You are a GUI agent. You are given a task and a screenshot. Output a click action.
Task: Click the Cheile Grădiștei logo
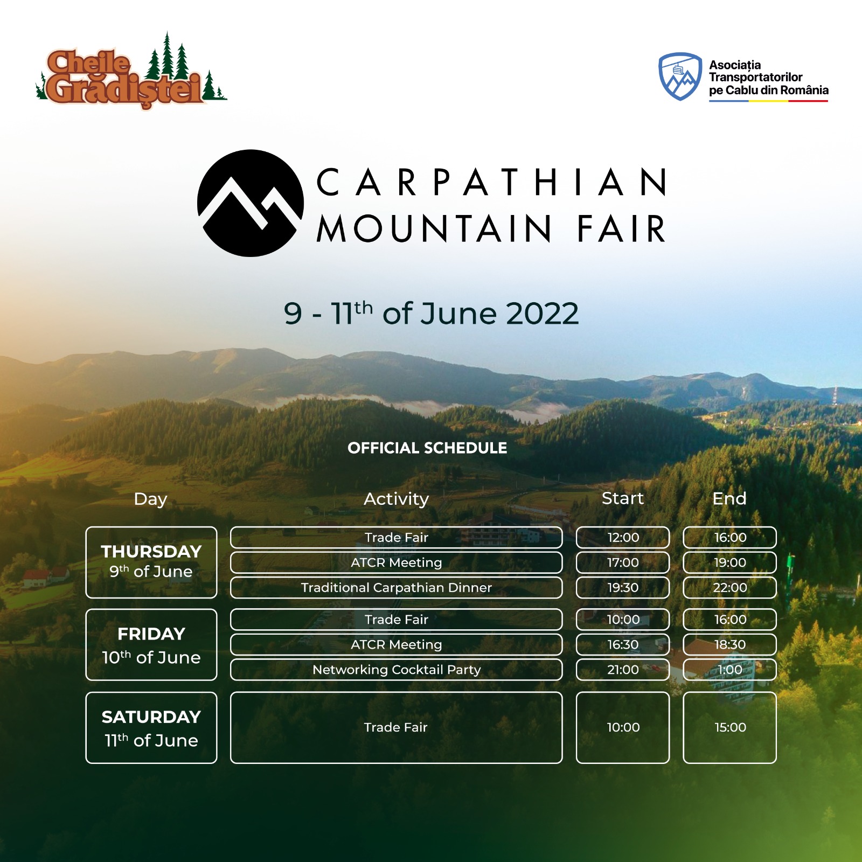point(131,71)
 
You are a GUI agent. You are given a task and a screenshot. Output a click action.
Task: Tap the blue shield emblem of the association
point(680,77)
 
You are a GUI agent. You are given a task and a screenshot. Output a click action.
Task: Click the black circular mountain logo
point(251,203)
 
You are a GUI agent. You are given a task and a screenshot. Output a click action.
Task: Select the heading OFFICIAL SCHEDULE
point(427,448)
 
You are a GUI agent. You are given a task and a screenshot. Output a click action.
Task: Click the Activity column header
point(397,499)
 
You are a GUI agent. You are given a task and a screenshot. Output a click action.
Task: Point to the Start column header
point(623,498)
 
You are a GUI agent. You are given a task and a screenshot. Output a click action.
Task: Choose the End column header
point(729,498)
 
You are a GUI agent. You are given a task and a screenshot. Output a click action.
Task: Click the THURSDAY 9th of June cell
point(151,562)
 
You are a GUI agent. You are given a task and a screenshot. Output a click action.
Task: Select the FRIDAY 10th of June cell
point(151,645)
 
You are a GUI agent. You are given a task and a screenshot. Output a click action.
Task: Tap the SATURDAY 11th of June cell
point(151,728)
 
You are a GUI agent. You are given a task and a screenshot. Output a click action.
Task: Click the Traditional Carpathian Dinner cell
point(397,588)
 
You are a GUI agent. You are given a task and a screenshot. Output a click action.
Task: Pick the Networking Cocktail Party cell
point(397,670)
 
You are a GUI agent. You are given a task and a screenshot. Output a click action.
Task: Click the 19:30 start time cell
point(623,588)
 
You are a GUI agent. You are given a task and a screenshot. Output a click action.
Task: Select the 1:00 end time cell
point(730,670)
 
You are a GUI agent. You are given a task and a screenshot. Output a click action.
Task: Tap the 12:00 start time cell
point(623,537)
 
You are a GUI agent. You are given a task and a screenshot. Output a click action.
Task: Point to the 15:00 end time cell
point(730,728)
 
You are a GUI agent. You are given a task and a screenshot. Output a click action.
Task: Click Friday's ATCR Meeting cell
point(397,644)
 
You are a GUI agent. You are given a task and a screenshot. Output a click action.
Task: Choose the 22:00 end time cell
point(730,588)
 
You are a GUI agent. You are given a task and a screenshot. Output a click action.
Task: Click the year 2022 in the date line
point(543,314)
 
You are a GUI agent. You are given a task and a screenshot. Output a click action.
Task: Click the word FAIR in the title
point(622,229)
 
